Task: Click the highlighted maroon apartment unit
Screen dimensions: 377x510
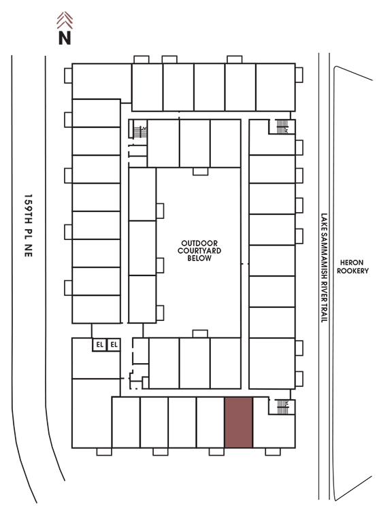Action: (x=239, y=422)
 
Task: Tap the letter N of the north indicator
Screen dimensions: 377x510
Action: (x=65, y=37)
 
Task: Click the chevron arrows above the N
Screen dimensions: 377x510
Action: (x=65, y=20)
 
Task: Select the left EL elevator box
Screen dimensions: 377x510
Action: (x=99, y=345)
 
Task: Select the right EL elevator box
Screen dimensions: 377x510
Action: (x=114, y=345)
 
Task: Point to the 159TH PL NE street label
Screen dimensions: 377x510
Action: (x=29, y=226)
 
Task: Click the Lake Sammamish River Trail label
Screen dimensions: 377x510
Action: (x=324, y=268)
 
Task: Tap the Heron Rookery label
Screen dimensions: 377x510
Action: (x=353, y=267)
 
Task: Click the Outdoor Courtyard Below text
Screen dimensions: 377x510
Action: (x=199, y=250)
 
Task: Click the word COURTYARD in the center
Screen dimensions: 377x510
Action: (x=199, y=250)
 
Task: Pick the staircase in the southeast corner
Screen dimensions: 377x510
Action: (x=282, y=407)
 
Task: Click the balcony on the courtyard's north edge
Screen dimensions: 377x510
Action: (x=200, y=171)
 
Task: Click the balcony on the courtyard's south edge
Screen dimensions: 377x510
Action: (x=200, y=334)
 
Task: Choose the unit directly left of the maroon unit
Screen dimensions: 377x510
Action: (x=210, y=422)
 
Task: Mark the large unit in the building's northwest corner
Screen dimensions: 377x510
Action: (x=101, y=82)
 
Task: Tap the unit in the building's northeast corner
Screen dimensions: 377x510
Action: (x=276, y=87)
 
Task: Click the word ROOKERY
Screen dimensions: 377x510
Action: (x=353, y=271)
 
